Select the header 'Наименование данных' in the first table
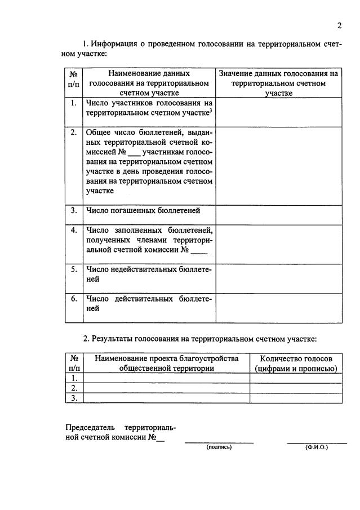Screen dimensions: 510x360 point(149,73)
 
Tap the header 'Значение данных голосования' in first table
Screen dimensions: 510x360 point(278,73)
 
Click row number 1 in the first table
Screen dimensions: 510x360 point(74,103)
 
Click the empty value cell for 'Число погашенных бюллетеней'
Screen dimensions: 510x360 point(278,214)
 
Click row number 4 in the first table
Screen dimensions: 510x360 point(74,230)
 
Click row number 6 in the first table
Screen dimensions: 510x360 point(74,299)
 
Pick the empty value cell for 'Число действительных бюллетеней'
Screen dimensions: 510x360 point(278,308)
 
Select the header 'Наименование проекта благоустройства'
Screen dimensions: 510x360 point(166,358)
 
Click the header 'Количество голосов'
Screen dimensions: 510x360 point(296,358)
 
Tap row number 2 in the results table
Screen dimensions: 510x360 point(74,388)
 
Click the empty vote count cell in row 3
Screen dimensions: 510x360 point(296,398)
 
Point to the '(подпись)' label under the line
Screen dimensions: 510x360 point(219,447)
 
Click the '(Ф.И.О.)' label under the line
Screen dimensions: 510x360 point(317,447)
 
